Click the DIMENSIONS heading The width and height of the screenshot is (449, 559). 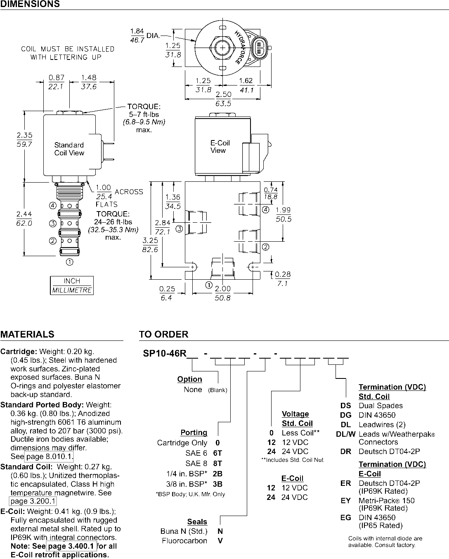30,4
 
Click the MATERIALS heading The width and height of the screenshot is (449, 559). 27,334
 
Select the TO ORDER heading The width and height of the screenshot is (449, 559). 163,334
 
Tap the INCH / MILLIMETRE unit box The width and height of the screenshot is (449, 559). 72,285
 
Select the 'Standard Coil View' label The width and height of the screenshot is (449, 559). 69,149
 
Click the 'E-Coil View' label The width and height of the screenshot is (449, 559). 220,147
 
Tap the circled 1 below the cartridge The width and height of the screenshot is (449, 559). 70,262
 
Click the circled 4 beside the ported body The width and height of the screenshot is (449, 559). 265,209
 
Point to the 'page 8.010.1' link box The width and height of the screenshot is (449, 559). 49,456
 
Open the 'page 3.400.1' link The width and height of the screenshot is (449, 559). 71,546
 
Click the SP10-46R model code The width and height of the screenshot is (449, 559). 165,353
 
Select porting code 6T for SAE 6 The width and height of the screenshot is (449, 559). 217,453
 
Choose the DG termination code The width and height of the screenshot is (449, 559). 346,415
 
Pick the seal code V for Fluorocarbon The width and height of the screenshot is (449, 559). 220,541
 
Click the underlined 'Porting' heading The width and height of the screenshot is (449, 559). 194,433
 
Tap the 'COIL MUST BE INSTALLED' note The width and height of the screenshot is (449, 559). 68,49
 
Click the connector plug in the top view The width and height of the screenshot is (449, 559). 260,48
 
